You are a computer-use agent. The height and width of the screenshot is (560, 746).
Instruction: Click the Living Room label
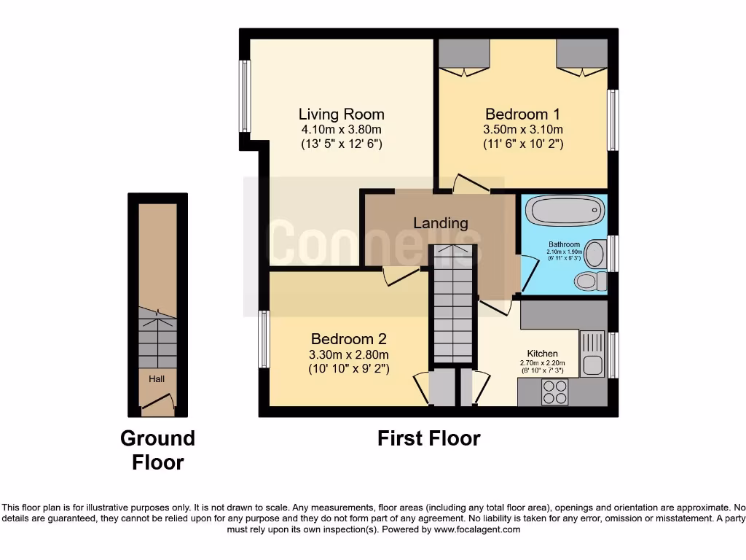[341, 114]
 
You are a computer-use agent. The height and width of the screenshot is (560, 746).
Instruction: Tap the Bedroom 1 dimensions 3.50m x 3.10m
[523, 130]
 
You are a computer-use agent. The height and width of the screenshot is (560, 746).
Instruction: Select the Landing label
[440, 223]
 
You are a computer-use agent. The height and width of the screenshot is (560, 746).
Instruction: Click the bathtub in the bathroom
[565, 212]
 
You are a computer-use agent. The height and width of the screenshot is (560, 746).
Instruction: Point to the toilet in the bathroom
[587, 280]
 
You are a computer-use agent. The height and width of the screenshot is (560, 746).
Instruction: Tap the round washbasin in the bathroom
[595, 254]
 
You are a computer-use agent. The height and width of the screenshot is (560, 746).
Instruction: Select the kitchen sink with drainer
[592, 354]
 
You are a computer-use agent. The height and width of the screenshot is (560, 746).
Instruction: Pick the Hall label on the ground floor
[157, 379]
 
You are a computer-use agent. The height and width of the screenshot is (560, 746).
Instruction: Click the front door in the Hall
[157, 403]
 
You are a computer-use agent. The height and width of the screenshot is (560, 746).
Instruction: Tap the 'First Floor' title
[428, 438]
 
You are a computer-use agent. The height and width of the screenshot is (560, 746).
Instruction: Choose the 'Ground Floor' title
[157, 450]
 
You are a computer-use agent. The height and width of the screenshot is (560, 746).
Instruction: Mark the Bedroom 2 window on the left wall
[264, 340]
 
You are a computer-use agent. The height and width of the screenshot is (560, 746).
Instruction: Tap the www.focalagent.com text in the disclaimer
[477, 529]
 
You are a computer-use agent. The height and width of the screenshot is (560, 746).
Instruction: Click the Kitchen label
[542, 354]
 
